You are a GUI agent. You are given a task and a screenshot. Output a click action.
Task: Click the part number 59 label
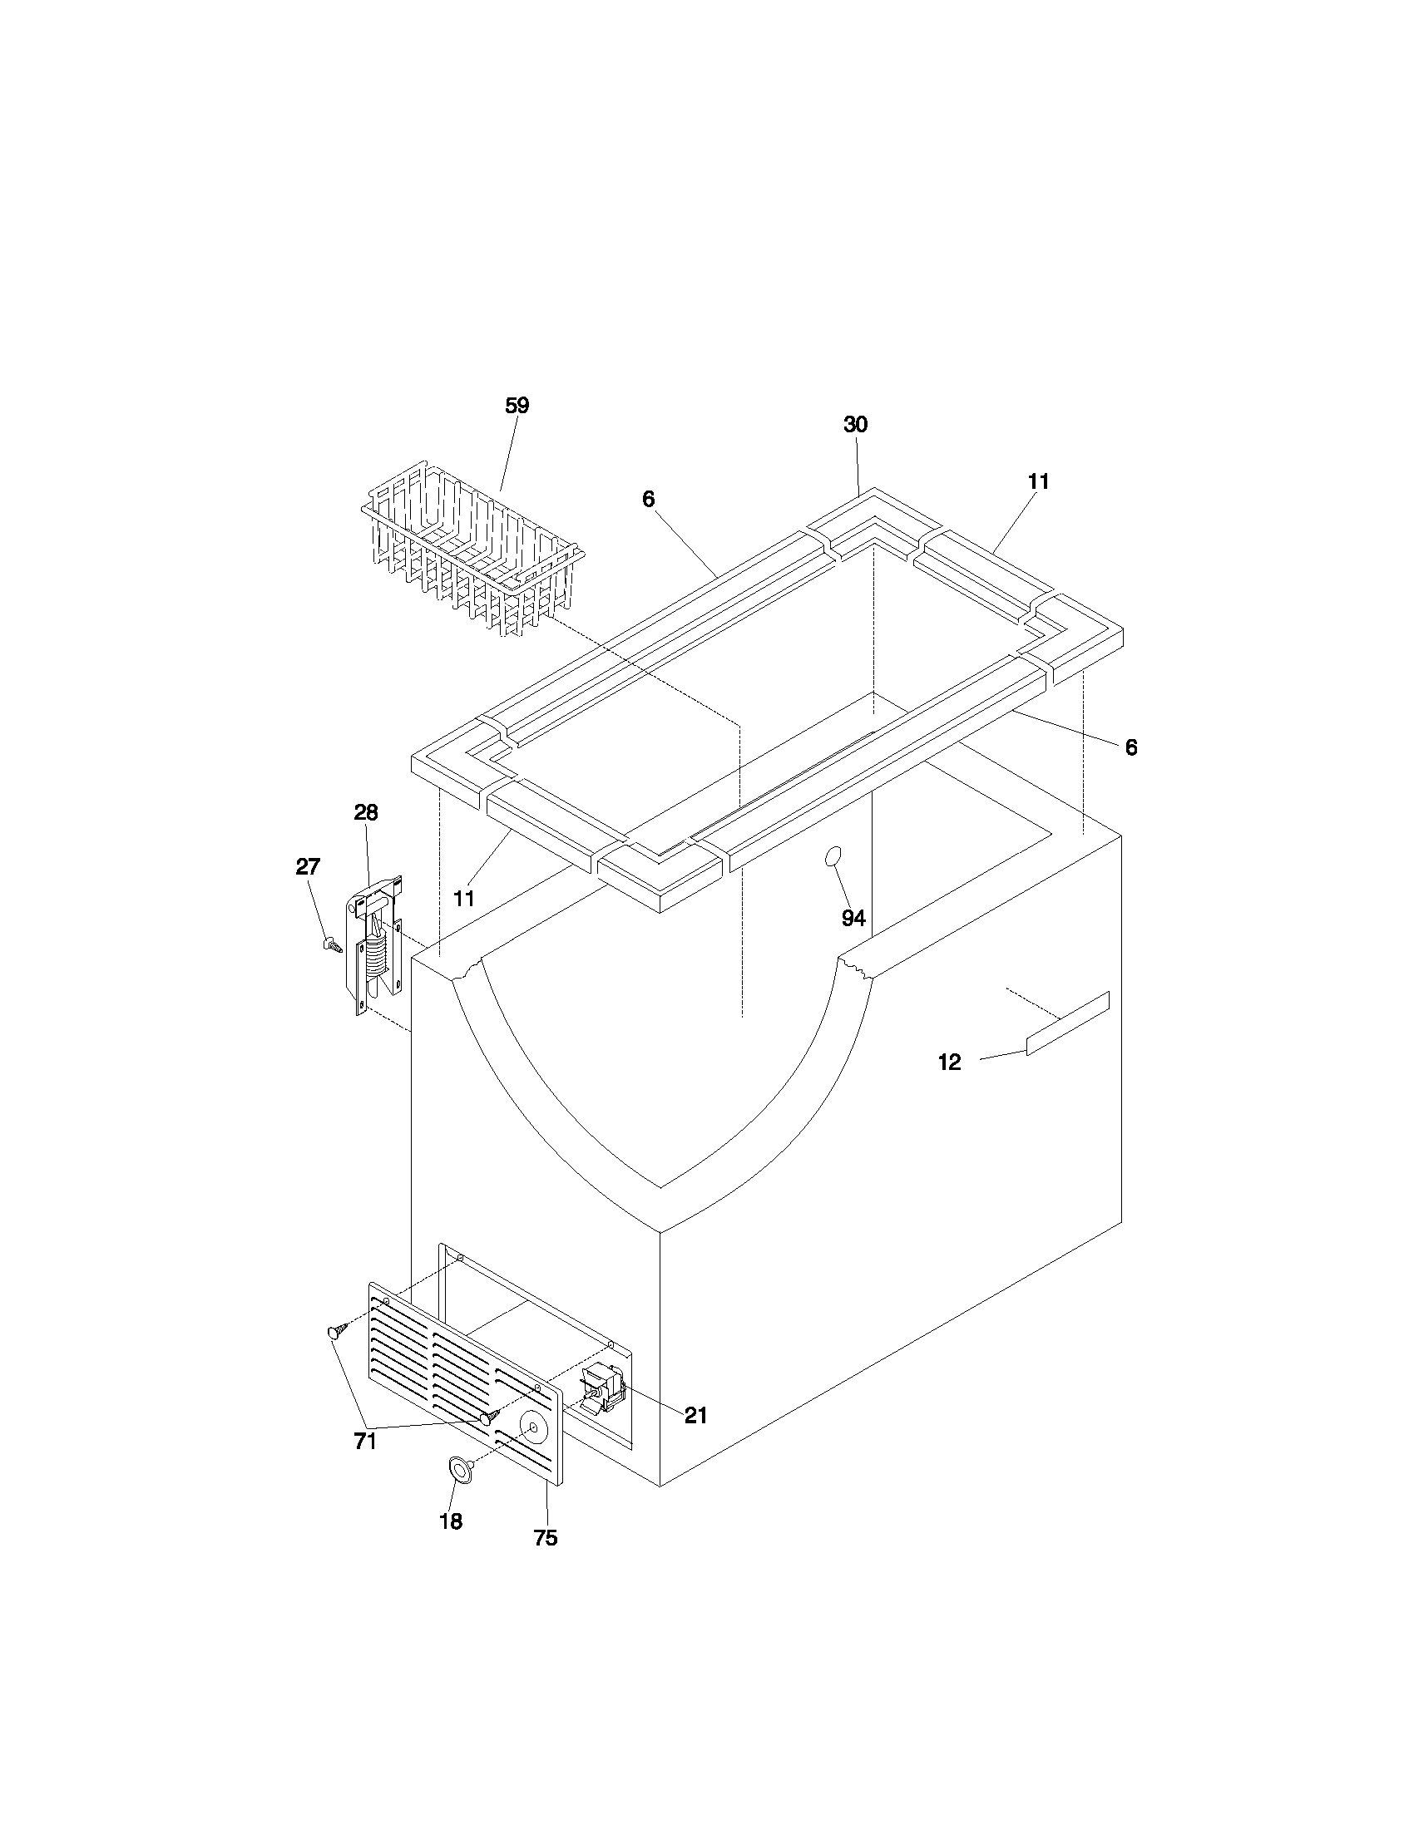[517, 407]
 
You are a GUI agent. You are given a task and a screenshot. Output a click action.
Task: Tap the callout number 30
[855, 425]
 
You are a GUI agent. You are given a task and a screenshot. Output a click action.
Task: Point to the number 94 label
[853, 919]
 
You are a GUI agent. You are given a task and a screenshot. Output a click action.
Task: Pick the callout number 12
[949, 1062]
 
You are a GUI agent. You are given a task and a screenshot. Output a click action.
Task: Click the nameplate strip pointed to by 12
[1068, 1023]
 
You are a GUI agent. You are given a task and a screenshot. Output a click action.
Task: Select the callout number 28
[366, 812]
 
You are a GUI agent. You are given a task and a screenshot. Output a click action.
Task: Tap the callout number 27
[308, 867]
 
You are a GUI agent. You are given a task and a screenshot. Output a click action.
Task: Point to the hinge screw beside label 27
[333, 945]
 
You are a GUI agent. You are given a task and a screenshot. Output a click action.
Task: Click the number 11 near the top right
[1038, 481]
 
